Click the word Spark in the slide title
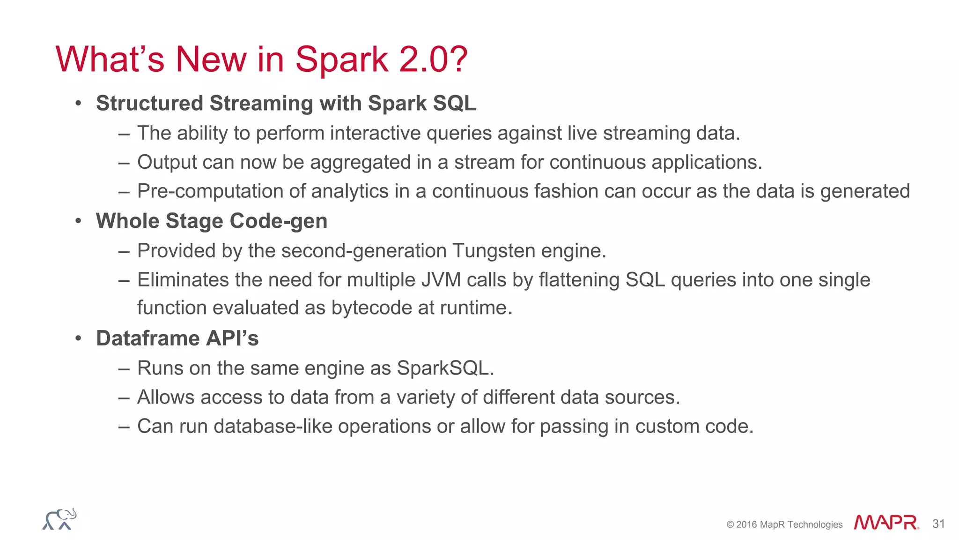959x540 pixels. coord(341,60)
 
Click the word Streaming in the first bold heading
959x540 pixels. coord(261,104)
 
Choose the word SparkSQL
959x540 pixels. coord(445,368)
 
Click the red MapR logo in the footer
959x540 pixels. coord(885,523)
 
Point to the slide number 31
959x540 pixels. coord(938,524)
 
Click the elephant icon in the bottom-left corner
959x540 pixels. coord(59,519)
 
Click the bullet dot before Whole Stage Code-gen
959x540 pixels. coord(78,221)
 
